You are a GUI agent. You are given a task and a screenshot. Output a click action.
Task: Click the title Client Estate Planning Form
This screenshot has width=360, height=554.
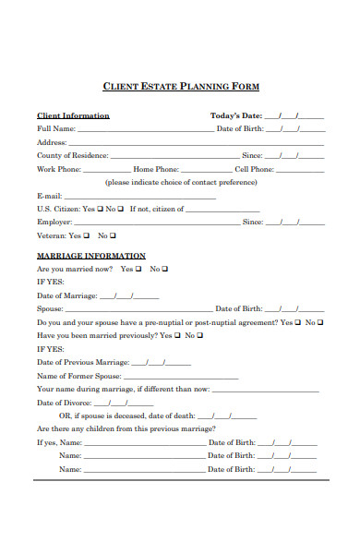[180, 86]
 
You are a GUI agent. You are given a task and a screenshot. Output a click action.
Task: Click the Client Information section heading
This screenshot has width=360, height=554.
[73, 115]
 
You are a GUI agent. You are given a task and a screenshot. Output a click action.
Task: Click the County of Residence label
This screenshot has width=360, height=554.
[72, 156]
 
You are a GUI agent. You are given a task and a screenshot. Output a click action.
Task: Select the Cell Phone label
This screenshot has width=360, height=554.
[254, 170]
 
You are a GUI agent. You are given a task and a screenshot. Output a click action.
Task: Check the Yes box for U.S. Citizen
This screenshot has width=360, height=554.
[100, 209]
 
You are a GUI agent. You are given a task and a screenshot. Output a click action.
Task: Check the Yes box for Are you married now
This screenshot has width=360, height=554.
[137, 269]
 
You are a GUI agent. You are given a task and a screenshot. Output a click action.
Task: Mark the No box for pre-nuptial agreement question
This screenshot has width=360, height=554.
[319, 322]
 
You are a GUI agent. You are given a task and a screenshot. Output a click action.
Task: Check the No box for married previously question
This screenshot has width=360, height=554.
[198, 336]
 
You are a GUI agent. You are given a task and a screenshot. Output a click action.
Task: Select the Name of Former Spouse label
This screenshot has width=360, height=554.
[78, 377]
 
